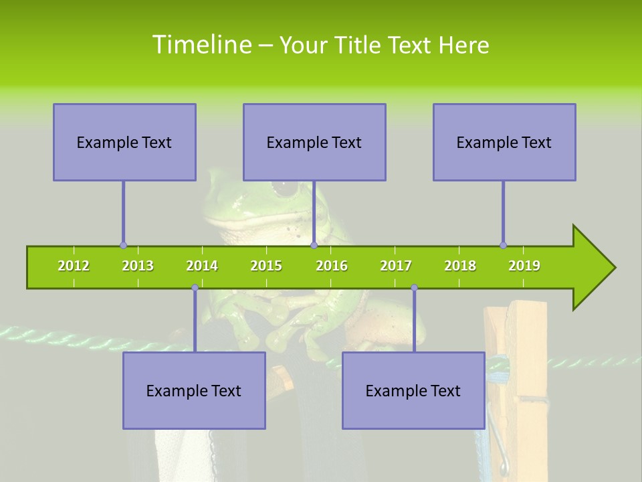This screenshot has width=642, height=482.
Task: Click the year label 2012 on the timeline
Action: pyautogui.click(x=74, y=266)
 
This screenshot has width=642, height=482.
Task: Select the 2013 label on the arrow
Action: pyautogui.click(x=138, y=266)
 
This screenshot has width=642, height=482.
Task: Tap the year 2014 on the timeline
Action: pyautogui.click(x=202, y=266)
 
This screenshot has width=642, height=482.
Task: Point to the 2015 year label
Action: pyautogui.click(x=266, y=266)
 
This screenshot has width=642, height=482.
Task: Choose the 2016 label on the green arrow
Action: pyautogui.click(x=332, y=266)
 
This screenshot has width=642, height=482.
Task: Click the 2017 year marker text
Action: pyautogui.click(x=396, y=266)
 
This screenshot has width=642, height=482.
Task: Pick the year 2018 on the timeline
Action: pyautogui.click(x=460, y=266)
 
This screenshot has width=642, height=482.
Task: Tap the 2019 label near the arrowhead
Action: pyautogui.click(x=524, y=266)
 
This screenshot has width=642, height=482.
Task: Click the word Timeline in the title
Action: pyautogui.click(x=201, y=45)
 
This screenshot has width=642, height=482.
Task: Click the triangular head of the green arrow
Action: pyautogui.click(x=593, y=268)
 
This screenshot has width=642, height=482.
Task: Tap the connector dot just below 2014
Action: pyautogui.click(x=195, y=288)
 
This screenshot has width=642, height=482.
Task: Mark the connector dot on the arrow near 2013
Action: pyautogui.click(x=123, y=246)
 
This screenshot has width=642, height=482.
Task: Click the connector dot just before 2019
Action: pyautogui.click(x=503, y=246)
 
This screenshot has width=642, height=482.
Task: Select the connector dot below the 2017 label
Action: pyautogui.click(x=414, y=288)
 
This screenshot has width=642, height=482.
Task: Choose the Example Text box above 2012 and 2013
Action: pyautogui.click(x=124, y=143)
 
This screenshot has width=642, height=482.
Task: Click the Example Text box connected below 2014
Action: pyautogui.click(x=194, y=390)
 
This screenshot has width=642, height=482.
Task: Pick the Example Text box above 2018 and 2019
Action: pyautogui.click(x=504, y=143)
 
